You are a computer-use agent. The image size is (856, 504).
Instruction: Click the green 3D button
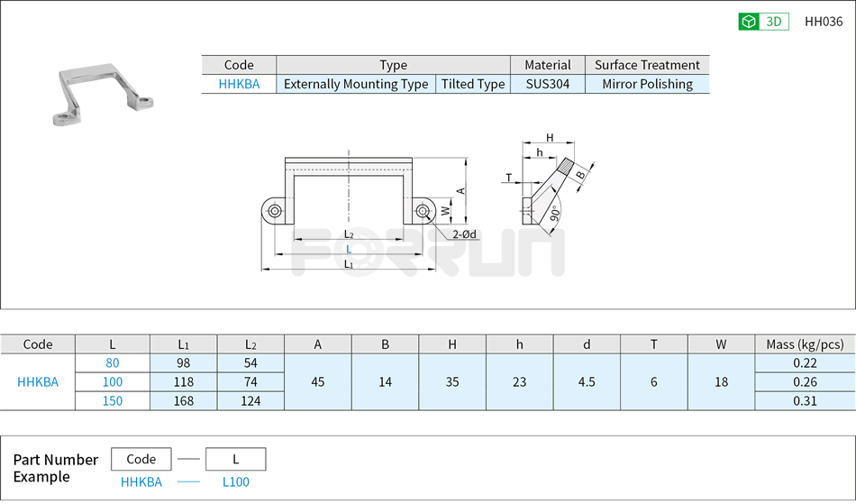(x=763, y=22)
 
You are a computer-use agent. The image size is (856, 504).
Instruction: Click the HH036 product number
(x=823, y=22)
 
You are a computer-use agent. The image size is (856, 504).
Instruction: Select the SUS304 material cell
(x=548, y=84)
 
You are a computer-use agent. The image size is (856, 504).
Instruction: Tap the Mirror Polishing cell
(x=647, y=84)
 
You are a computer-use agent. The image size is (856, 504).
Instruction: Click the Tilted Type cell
(x=472, y=84)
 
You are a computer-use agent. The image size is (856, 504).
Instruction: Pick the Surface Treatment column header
(x=647, y=65)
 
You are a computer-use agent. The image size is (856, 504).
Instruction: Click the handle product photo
(x=101, y=93)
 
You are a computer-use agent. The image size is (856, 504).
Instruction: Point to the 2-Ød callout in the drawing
(x=465, y=234)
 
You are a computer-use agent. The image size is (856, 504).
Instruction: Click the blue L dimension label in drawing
(x=349, y=249)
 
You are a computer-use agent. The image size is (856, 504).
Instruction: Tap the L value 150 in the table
(x=113, y=401)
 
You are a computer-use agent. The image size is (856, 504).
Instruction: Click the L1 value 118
(x=184, y=382)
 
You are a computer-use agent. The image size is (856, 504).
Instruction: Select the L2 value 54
(x=250, y=363)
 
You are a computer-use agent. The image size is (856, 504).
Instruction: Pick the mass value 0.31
(x=805, y=401)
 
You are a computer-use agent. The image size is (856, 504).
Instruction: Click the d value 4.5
(x=587, y=382)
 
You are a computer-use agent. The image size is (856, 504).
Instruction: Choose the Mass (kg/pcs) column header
(x=805, y=344)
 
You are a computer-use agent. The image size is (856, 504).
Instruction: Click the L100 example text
(x=235, y=482)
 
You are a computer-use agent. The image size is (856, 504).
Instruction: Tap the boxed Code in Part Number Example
(x=141, y=459)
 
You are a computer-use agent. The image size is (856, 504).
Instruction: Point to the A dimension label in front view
(x=460, y=190)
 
